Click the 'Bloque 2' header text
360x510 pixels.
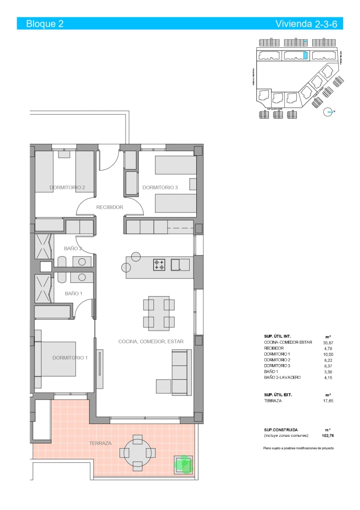click(x=45, y=24)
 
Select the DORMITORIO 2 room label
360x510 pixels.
click(x=67, y=187)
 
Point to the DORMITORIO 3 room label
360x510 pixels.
click(x=160, y=187)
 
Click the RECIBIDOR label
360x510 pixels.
click(x=109, y=207)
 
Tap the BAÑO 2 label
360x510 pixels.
click(x=73, y=248)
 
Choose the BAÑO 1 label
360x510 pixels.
click(x=73, y=293)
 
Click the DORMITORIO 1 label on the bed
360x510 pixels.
click(x=70, y=357)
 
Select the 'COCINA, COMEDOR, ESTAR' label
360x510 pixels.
click(x=151, y=341)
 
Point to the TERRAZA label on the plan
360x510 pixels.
click(x=100, y=443)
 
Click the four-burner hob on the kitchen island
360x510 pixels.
click(x=159, y=265)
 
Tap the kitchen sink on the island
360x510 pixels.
click(x=180, y=264)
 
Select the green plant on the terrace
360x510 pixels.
click(x=184, y=464)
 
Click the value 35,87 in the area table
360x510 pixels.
click(x=328, y=342)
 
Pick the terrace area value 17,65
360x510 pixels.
click(x=328, y=400)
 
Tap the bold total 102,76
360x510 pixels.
click(x=328, y=435)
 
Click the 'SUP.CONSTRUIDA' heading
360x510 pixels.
click(x=281, y=430)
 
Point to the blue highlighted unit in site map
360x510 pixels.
click(x=305, y=56)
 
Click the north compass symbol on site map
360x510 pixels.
click(x=328, y=112)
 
